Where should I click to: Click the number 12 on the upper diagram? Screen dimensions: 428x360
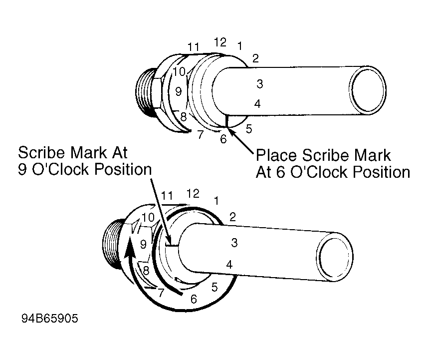(220, 42)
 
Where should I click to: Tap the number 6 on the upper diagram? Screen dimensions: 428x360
(223, 139)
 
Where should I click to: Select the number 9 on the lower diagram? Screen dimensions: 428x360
(143, 244)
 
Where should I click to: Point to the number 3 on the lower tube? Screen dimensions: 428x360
(234, 242)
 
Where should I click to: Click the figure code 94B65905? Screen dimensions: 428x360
(50, 318)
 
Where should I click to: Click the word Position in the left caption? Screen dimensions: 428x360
(123, 169)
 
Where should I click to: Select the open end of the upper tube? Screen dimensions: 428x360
(368, 90)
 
